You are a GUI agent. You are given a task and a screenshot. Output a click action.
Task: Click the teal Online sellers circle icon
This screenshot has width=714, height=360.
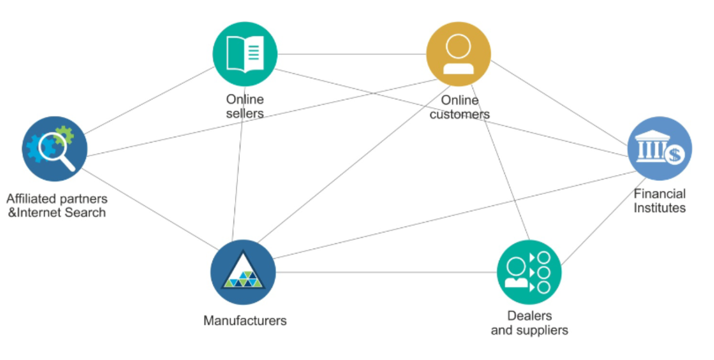tap(245, 54)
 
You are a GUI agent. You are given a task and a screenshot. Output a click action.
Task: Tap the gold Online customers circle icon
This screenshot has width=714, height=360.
tap(458, 54)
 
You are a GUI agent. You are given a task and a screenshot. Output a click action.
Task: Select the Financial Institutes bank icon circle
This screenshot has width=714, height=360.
tap(659, 149)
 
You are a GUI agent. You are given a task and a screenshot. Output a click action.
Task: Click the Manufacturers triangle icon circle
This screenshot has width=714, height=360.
tap(243, 272)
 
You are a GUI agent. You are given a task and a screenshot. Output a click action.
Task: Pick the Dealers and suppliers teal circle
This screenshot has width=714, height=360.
tap(529, 272)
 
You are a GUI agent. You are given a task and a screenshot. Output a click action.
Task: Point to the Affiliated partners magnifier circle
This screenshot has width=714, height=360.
tap(55, 149)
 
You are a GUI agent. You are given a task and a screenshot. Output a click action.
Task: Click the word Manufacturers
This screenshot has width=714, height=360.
tap(245, 321)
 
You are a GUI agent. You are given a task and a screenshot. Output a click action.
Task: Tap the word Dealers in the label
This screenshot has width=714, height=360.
tap(529, 316)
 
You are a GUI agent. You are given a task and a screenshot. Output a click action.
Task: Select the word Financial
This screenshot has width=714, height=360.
tap(659, 194)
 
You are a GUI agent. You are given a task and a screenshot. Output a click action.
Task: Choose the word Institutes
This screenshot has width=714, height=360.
tap(659, 208)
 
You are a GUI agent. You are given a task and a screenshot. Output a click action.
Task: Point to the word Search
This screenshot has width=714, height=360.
tap(85, 212)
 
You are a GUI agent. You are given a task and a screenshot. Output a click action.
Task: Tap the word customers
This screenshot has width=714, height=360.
tap(460, 114)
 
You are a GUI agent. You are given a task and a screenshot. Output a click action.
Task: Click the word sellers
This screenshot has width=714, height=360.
tap(245, 113)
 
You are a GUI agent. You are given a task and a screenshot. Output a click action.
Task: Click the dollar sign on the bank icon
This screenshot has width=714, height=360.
tap(675, 155)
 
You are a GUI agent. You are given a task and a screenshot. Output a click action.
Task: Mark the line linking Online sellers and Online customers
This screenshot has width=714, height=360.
tap(352, 54)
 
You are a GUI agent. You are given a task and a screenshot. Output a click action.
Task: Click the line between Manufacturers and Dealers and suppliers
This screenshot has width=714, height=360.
tap(386, 272)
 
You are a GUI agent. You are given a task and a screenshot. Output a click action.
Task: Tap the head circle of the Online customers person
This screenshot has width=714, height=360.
tap(458, 46)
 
